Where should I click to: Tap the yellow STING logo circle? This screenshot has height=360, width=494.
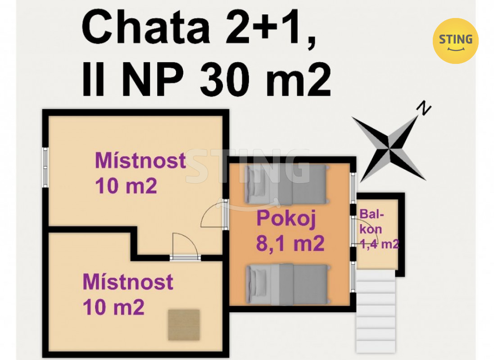click(455, 40)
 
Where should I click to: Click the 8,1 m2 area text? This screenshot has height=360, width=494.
click(290, 244)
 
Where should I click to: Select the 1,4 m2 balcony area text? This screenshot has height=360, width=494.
click(380, 244)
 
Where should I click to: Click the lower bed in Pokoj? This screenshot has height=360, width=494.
click(286, 283)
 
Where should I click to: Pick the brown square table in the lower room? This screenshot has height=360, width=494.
click(184, 325)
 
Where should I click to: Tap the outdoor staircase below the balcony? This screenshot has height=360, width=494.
click(376, 310)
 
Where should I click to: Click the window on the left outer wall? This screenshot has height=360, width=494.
click(45, 166)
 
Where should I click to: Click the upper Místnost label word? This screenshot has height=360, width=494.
click(140, 161)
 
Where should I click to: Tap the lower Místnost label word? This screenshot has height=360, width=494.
click(128, 282)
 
